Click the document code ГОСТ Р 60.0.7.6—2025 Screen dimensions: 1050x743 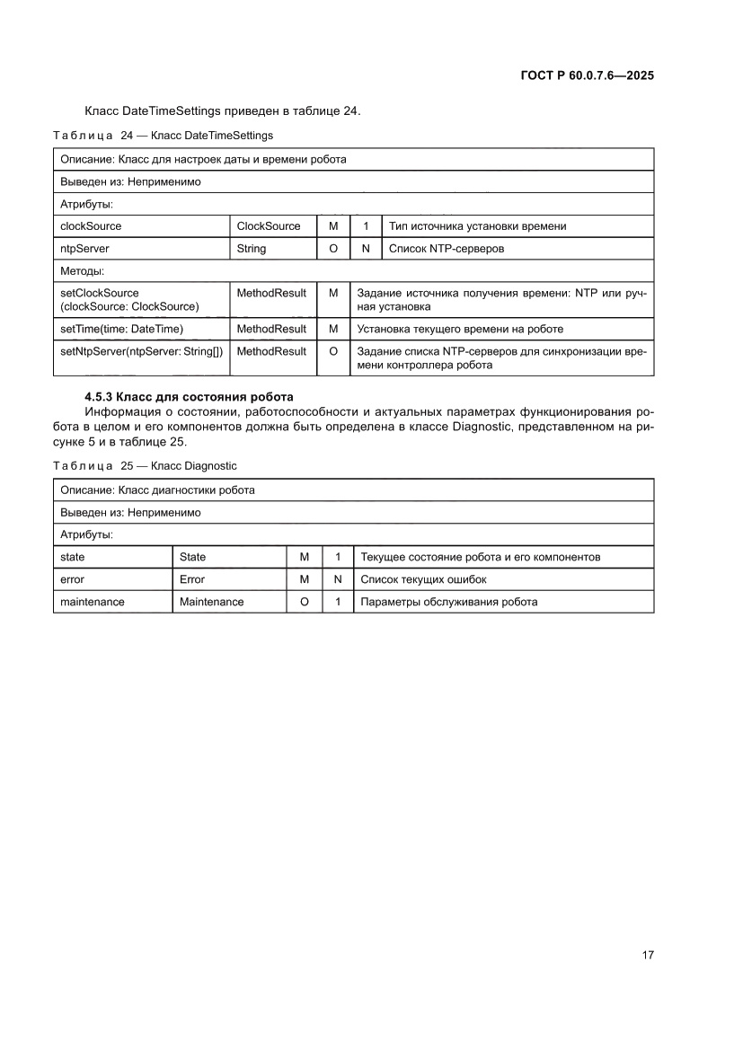pyautogui.click(x=587, y=75)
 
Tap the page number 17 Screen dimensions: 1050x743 pyautogui.click(x=647, y=954)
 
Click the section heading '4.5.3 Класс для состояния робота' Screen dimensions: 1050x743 pyautogui.click(x=189, y=396)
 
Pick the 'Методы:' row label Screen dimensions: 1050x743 pyautogui.click(x=83, y=270)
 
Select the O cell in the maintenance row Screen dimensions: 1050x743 pyautogui.click(x=305, y=602)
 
